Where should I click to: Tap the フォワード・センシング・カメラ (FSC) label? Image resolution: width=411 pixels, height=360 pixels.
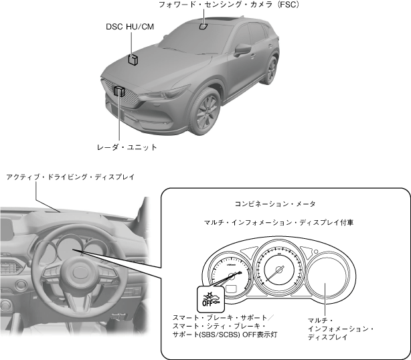tap(228, 5)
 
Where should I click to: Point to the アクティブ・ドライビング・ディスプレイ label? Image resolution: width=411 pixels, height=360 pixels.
tap(70, 177)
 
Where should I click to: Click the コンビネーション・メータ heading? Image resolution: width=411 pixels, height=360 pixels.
tap(274, 203)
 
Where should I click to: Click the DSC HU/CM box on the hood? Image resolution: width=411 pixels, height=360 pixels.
tap(134, 60)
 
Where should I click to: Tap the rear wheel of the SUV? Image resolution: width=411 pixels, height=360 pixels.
tap(271, 70)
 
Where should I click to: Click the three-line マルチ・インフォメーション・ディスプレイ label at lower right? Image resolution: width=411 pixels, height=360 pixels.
tap(340, 329)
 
